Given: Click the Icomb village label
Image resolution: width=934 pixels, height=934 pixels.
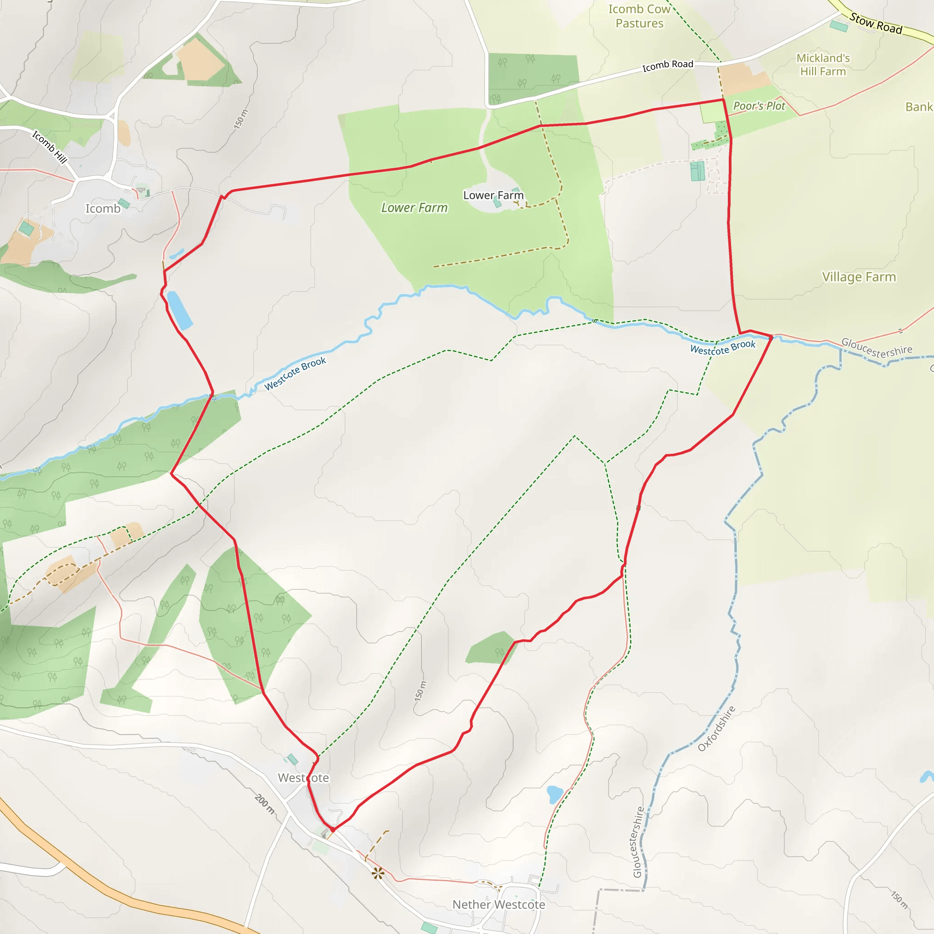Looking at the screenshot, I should point(103,208).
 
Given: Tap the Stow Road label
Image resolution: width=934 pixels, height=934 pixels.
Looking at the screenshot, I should point(876,24).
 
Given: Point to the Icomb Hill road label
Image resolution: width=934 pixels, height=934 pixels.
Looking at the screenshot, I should point(49,147).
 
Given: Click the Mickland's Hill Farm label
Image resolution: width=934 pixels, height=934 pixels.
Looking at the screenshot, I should point(823,65).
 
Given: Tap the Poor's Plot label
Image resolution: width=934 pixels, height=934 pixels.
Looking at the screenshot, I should point(759,106).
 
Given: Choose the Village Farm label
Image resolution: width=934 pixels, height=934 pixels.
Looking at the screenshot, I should point(859,277).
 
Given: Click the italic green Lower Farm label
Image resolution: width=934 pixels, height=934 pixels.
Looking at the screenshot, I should point(414,208).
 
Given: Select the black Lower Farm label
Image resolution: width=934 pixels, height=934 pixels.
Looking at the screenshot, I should point(493,195).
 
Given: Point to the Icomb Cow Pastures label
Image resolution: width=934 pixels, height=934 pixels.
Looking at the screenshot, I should point(639,16).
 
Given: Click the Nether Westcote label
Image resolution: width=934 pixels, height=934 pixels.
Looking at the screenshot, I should point(498,904).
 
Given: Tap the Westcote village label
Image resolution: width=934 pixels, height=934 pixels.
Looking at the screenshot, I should point(303,778).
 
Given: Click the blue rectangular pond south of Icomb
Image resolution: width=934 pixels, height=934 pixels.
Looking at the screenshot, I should point(179,311).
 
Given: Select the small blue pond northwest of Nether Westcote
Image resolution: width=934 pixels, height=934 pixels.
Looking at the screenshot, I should point(555,794).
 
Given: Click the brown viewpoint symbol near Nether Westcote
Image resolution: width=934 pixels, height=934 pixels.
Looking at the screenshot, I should point(378,873).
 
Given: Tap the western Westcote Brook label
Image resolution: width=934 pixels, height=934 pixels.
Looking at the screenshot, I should point(295,374).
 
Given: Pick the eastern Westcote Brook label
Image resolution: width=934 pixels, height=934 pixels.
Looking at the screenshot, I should point(722,347).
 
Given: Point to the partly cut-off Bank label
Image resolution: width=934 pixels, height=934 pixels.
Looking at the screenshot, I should point(918,107).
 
